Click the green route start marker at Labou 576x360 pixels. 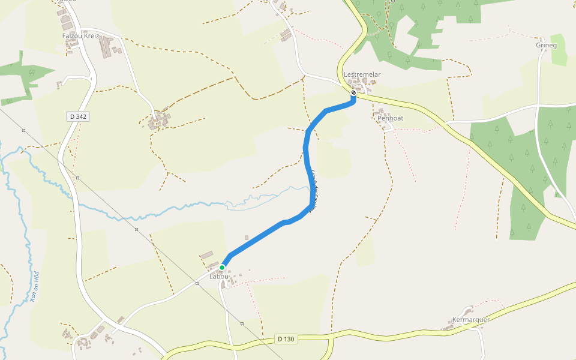click(222, 267)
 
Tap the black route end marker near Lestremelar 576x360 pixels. click(353, 92)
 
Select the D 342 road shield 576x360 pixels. click(79, 116)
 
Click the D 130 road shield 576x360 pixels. click(286, 339)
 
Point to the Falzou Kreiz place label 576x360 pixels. click(80, 36)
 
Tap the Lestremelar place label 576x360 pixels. click(362, 74)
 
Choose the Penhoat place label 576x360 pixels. click(390, 118)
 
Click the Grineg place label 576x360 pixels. click(547, 45)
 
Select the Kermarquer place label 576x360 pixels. click(471, 319)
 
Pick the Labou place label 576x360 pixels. click(216, 277)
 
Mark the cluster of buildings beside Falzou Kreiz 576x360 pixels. click(108, 47)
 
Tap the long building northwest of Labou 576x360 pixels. click(206, 255)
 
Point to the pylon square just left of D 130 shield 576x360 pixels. click(242, 323)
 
